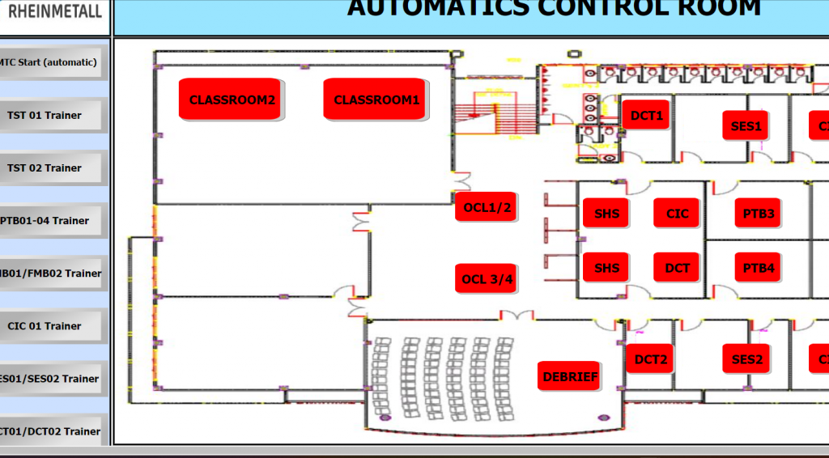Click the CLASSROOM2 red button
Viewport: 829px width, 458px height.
tap(232, 100)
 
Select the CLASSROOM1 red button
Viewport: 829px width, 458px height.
tap(376, 100)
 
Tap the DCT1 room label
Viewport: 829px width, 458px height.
tap(646, 116)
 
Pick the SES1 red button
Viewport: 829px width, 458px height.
tap(746, 125)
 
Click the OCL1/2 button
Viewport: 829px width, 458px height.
tap(487, 207)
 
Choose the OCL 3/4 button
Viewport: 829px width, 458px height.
tap(487, 279)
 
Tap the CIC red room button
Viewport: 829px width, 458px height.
tap(677, 213)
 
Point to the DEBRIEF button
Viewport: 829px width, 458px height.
tap(570, 376)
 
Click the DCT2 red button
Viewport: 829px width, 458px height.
tap(650, 358)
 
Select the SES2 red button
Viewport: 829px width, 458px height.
tap(746, 358)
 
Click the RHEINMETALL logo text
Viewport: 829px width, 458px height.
tap(53, 11)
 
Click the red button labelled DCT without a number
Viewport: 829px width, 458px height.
tap(677, 267)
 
